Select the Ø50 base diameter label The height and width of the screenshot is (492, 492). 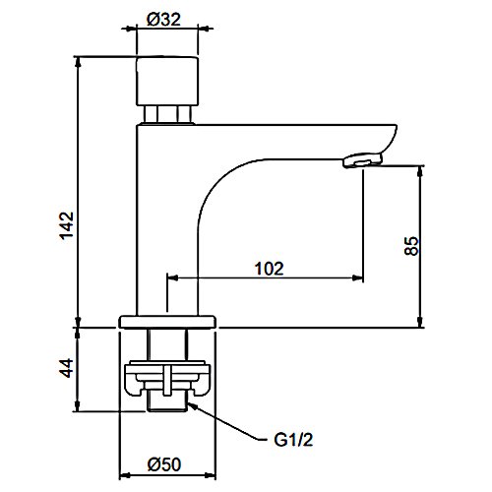[168, 464]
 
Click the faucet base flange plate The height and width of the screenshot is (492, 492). [168, 321]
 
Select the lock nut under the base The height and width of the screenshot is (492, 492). [168, 379]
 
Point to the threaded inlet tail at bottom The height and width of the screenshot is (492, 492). [168, 402]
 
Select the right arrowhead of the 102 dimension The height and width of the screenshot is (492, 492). [359, 278]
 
